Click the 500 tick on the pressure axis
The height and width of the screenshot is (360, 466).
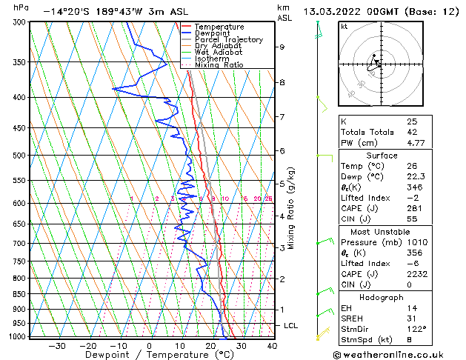(x=16, y=156)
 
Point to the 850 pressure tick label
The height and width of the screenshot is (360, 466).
(x=16, y=294)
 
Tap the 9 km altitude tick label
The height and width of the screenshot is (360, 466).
(x=282, y=47)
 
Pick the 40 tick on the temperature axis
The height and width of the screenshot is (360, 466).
(x=272, y=345)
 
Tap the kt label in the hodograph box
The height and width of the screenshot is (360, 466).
(x=344, y=26)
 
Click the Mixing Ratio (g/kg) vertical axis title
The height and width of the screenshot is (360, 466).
(x=291, y=208)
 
